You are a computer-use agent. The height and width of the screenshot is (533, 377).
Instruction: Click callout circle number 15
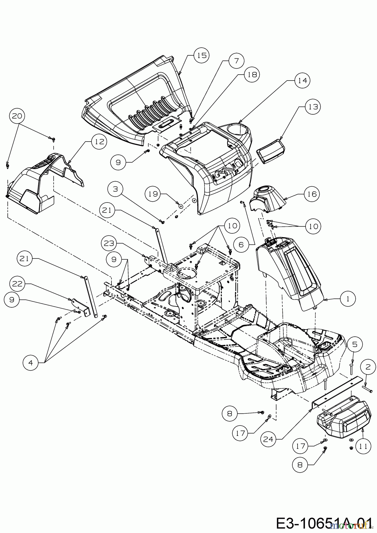point(202,55)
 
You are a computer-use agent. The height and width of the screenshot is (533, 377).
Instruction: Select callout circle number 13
point(313,107)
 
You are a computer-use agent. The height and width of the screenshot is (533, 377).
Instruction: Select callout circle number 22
point(17,284)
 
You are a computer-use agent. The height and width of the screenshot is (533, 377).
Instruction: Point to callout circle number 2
point(368,367)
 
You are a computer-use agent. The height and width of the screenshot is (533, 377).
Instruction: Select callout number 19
point(153,194)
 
